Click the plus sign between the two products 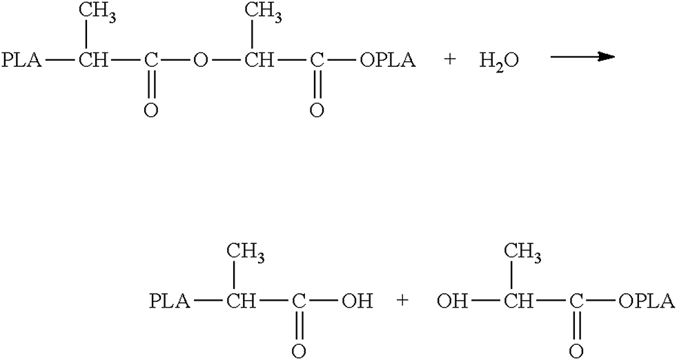402,301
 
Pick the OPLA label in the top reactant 387,60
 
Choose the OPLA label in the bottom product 647,301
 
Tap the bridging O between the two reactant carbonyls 200,60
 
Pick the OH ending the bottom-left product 358,301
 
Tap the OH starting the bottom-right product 451,301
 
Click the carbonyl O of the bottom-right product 576,350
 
